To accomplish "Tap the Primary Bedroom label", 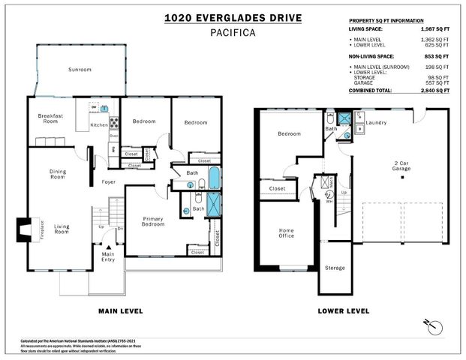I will (x=158, y=223).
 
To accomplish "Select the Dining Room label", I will (x=58, y=174).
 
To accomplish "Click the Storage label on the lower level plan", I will (x=334, y=268).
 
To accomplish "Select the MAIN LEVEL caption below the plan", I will (x=121, y=310).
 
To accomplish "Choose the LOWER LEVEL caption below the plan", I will (x=343, y=310).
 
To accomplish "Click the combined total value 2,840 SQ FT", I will (x=431, y=90).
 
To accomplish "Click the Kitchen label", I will (x=100, y=125).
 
